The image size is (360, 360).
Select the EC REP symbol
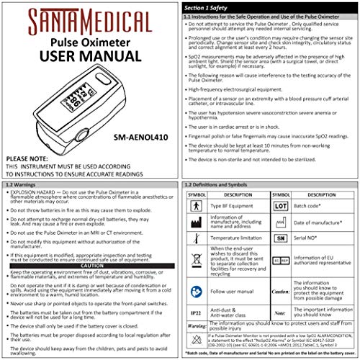pos(281,259)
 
